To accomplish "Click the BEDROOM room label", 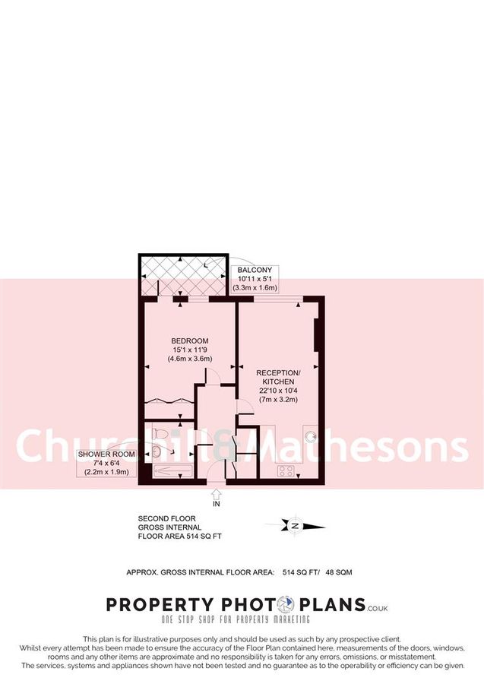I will pos(190,340).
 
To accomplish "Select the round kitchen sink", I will pos(312,435).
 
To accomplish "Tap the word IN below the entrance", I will pos(217,505).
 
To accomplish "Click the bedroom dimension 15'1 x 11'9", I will pos(190,350).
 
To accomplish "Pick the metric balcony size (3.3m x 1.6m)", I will pos(256,288).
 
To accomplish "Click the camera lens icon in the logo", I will pos(285,605).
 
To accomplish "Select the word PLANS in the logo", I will pos(329,605).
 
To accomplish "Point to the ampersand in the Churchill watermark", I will pos(226,447).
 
